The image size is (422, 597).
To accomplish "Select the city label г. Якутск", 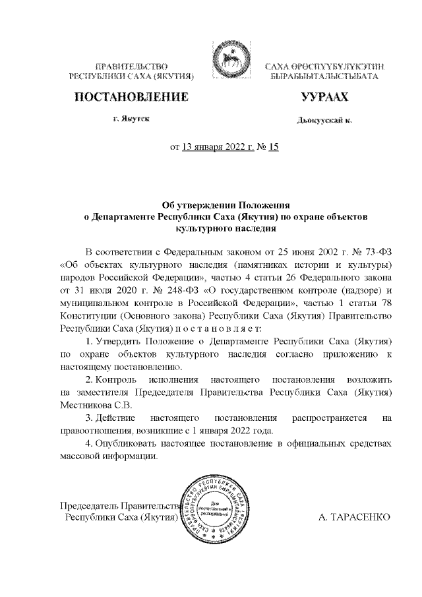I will tap(130, 119).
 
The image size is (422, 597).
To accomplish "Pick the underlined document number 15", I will tap(274, 148).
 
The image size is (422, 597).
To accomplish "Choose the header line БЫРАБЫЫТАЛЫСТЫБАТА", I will tap(324, 77).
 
